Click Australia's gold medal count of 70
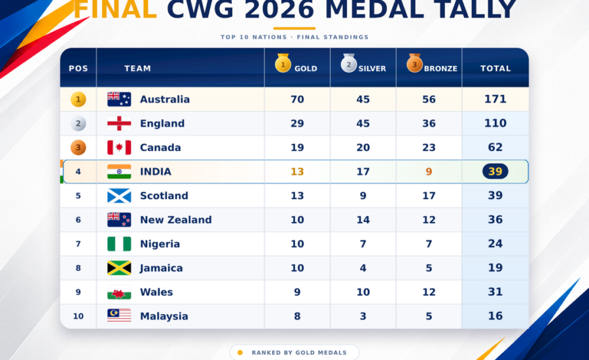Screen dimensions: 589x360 297,99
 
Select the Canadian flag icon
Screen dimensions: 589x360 119,147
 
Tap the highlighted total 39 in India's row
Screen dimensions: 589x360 495,171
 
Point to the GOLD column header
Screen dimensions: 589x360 306,68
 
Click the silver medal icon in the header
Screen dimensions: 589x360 349,63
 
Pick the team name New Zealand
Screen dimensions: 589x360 176,220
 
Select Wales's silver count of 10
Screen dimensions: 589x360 363,292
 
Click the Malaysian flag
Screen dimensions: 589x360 119,315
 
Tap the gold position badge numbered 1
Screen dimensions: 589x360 78,99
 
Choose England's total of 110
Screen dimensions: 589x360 495,123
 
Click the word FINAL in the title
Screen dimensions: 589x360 115,9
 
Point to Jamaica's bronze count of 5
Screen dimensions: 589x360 429,268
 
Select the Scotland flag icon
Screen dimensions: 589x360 119,196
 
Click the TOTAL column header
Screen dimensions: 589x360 495,68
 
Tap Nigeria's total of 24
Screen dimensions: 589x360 495,244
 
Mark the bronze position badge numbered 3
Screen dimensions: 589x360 78,147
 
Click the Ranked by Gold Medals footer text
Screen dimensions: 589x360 299,353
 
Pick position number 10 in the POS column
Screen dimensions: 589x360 78,316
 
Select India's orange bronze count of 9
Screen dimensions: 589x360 429,171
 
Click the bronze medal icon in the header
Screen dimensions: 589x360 414,63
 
